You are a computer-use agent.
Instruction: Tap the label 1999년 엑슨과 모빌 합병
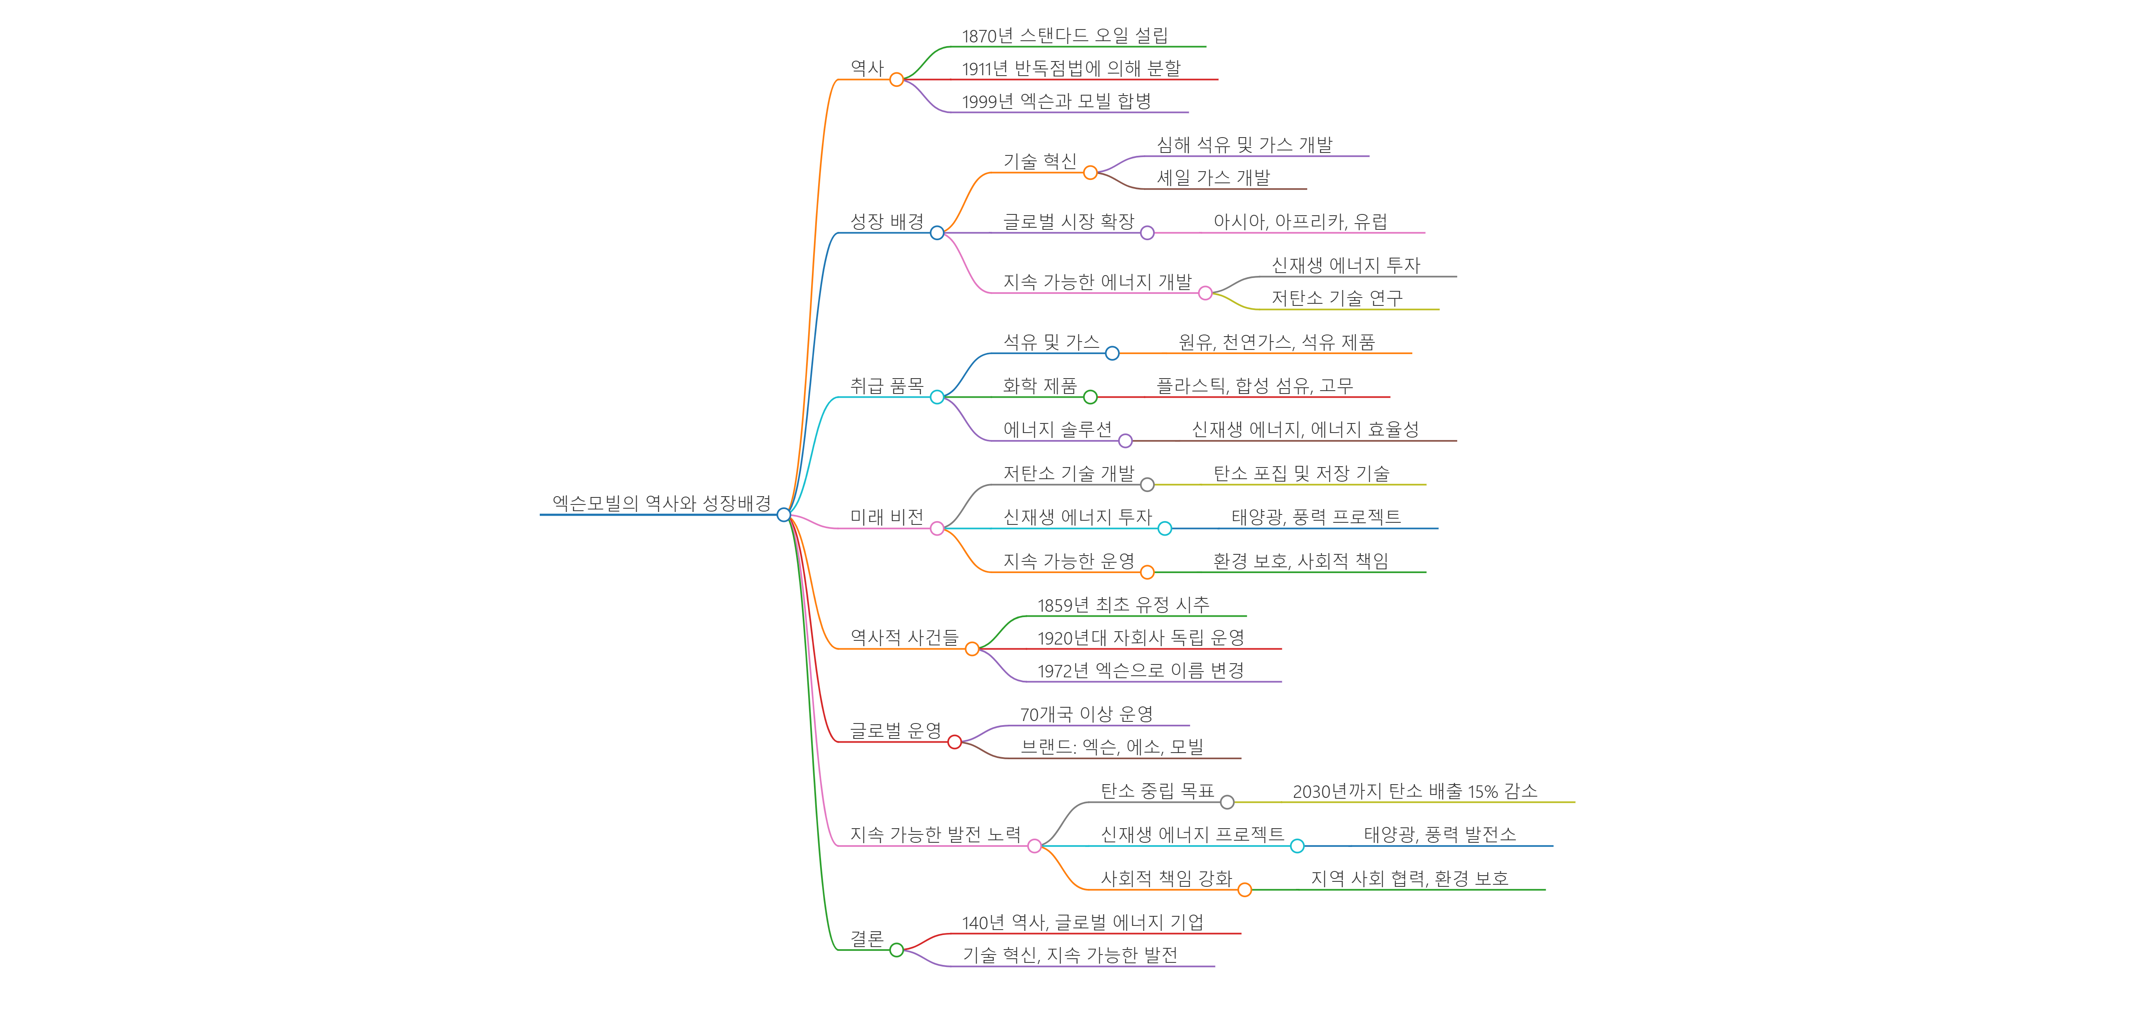pyautogui.click(x=1056, y=101)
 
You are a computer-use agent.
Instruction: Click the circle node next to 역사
pyautogui.click(x=896, y=79)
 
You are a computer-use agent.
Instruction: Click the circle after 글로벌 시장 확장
pyautogui.click(x=1147, y=233)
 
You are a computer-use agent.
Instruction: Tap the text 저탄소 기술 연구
pyautogui.click(x=1336, y=298)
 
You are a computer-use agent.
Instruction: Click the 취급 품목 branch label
pyautogui.click(x=886, y=386)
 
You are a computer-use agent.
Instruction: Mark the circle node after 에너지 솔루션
pyautogui.click(x=1126, y=440)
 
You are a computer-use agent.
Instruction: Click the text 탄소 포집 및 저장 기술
pyautogui.click(x=1301, y=473)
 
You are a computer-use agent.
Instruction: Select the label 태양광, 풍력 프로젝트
pyautogui.click(x=1316, y=517)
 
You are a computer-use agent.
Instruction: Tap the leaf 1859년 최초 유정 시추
pyautogui.click(x=1123, y=605)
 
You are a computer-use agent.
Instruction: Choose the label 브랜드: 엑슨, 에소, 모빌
pyautogui.click(x=1111, y=747)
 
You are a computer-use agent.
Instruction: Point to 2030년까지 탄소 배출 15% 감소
pyautogui.click(x=1415, y=791)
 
